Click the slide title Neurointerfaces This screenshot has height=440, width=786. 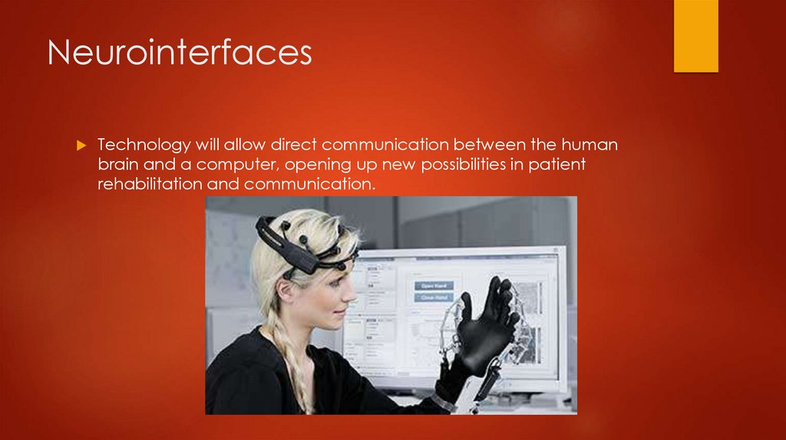pos(180,54)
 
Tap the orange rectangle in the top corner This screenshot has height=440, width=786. pos(695,35)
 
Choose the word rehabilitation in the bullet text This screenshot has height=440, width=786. pos(154,184)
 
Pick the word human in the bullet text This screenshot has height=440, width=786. pos(590,145)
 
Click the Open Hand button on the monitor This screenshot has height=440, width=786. pos(434,286)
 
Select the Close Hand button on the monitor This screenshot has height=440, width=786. pos(434,297)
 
